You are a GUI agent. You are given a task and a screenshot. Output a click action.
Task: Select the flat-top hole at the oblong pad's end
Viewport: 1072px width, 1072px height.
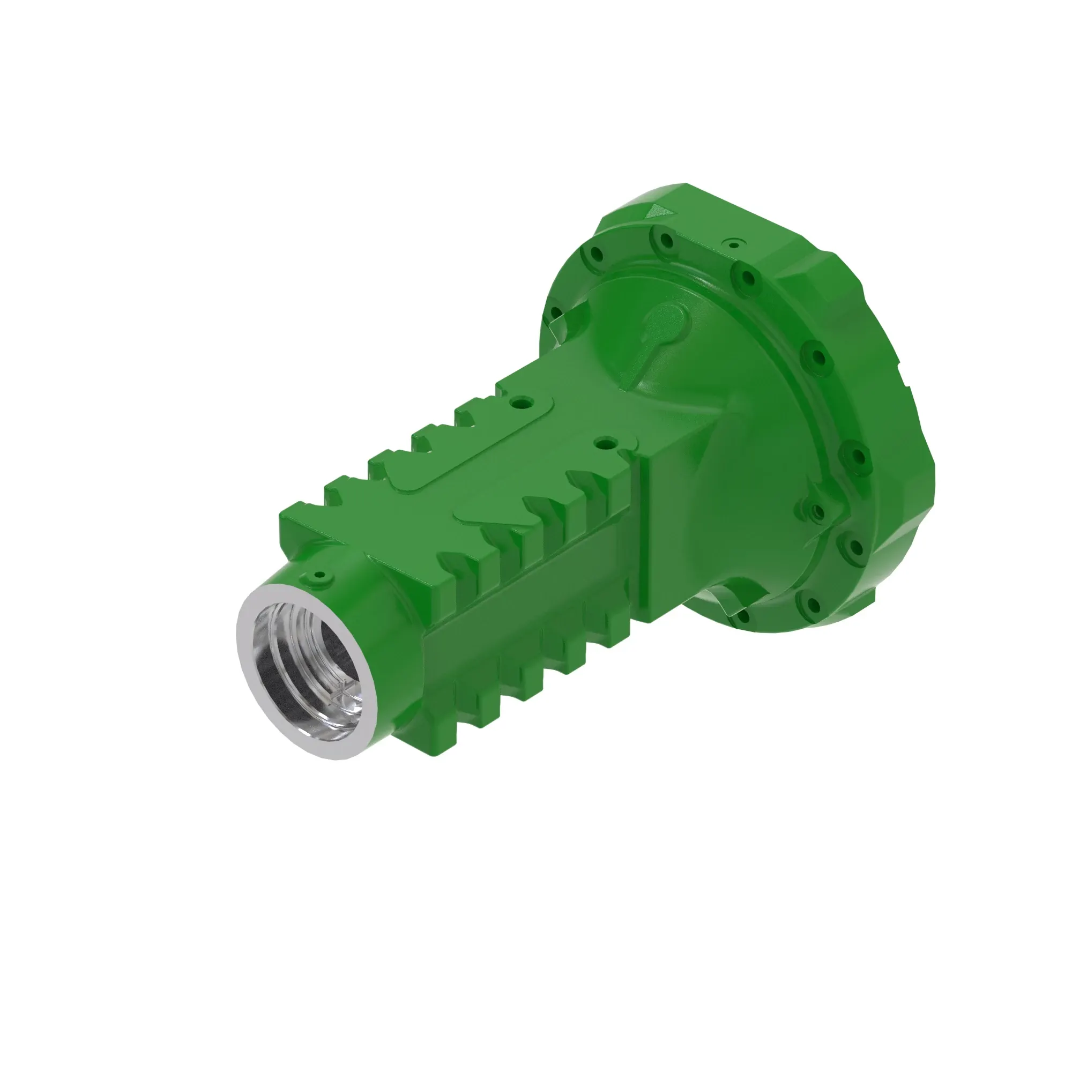(x=520, y=400)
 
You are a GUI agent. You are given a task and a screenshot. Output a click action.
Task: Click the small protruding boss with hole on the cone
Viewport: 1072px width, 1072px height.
(x=816, y=511)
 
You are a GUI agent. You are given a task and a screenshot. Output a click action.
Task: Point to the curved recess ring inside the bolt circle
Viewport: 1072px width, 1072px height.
(x=799, y=389)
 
